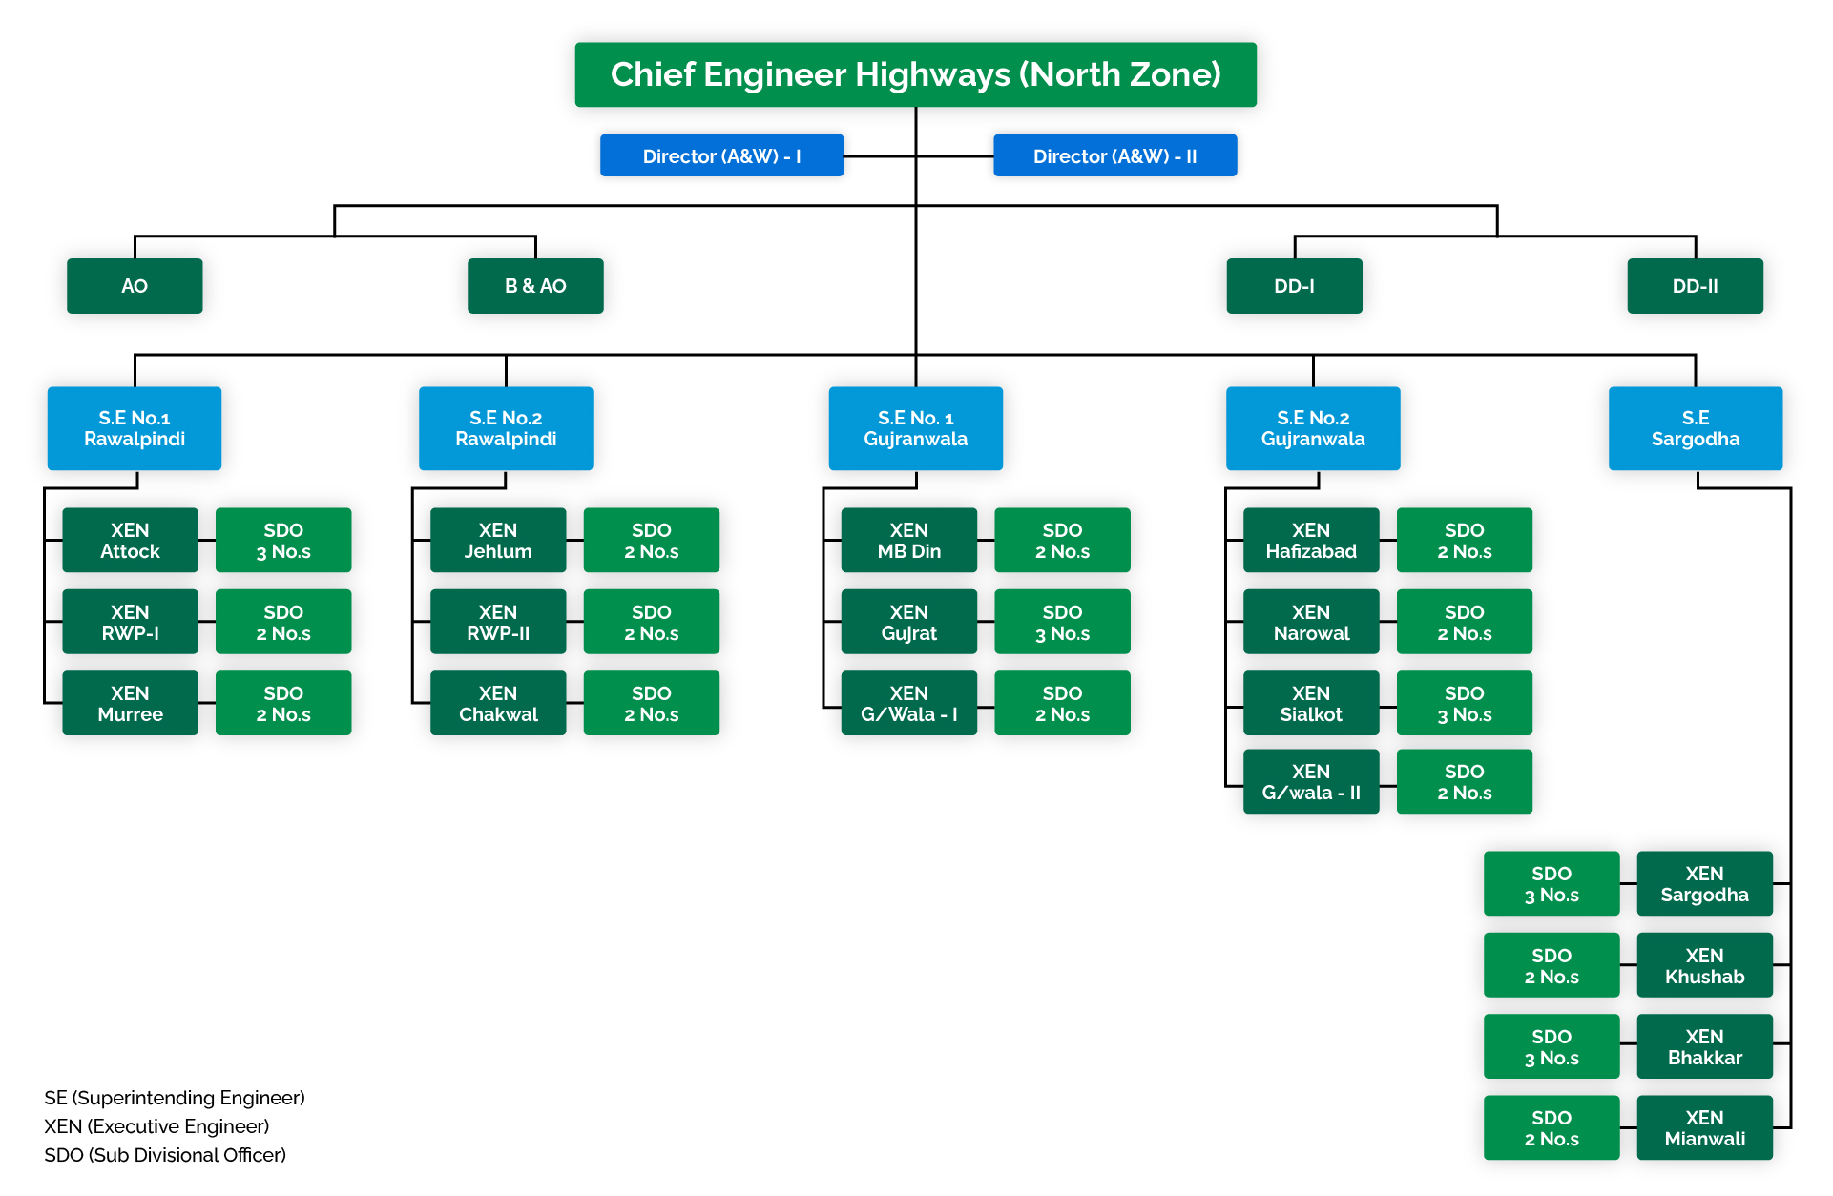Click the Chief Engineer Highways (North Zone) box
[915, 74]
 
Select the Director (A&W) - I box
[721, 155]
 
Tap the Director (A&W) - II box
[1114, 155]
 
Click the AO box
[135, 286]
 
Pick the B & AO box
[535, 286]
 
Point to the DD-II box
[1695, 286]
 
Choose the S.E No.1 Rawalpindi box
[135, 428]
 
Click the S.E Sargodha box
[1695, 428]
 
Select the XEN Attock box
[130, 541]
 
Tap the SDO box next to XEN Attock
[283, 541]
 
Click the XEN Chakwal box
[498, 704]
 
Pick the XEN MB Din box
[908, 541]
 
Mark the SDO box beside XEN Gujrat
[1062, 622]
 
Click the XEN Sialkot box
[1311, 704]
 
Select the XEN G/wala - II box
[1311, 782]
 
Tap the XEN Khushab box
[1704, 965]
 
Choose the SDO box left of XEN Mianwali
[1552, 1128]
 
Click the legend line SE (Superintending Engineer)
[175, 1098]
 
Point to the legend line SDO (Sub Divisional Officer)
[165, 1155]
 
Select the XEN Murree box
[130, 704]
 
